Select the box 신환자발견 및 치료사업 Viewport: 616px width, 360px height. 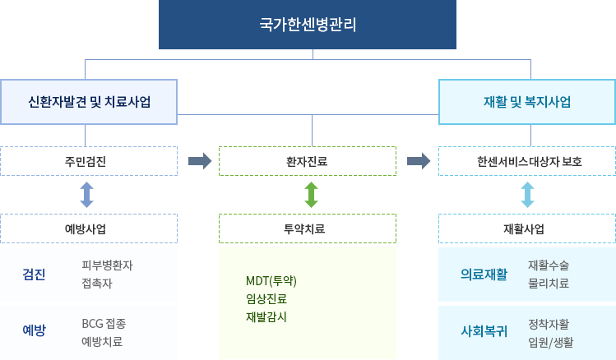point(89,102)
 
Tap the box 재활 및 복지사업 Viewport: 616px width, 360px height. point(527,102)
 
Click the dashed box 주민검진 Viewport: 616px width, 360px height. point(89,161)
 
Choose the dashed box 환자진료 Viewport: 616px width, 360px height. point(308,161)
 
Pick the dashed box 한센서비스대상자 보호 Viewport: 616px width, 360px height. point(527,161)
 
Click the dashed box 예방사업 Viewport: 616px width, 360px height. point(89,228)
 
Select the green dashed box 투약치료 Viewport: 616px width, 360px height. point(308,228)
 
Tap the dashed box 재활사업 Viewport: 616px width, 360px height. point(527,228)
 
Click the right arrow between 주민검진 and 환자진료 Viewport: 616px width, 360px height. point(199,161)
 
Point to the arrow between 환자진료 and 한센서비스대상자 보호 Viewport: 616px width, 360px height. point(419,161)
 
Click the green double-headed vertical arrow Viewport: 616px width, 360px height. point(311,195)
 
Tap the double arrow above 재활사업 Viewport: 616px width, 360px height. point(527,195)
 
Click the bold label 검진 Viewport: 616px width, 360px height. point(34,274)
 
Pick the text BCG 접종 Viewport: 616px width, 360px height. point(103,323)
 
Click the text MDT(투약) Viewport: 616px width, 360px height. point(271,281)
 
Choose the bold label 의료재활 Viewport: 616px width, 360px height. point(484,274)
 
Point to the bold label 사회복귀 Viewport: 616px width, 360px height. point(484,332)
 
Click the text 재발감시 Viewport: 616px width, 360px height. point(266,316)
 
